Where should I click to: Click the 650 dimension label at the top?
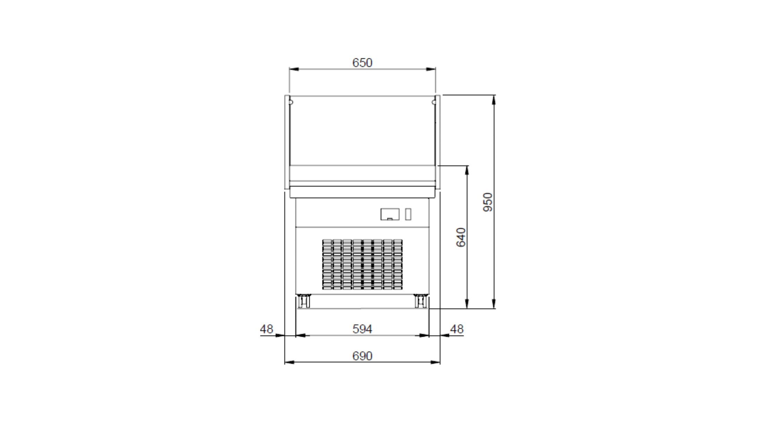click(362, 63)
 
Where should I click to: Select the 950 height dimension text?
click(488, 202)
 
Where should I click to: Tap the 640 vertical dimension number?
click(461, 237)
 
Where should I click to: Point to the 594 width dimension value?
click(362, 329)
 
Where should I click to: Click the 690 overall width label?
click(362, 356)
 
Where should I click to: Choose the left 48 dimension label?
click(266, 329)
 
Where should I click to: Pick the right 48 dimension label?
click(456, 329)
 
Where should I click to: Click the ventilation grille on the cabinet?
click(362, 264)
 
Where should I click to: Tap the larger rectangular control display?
click(390, 214)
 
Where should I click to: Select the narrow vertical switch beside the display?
click(408, 214)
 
